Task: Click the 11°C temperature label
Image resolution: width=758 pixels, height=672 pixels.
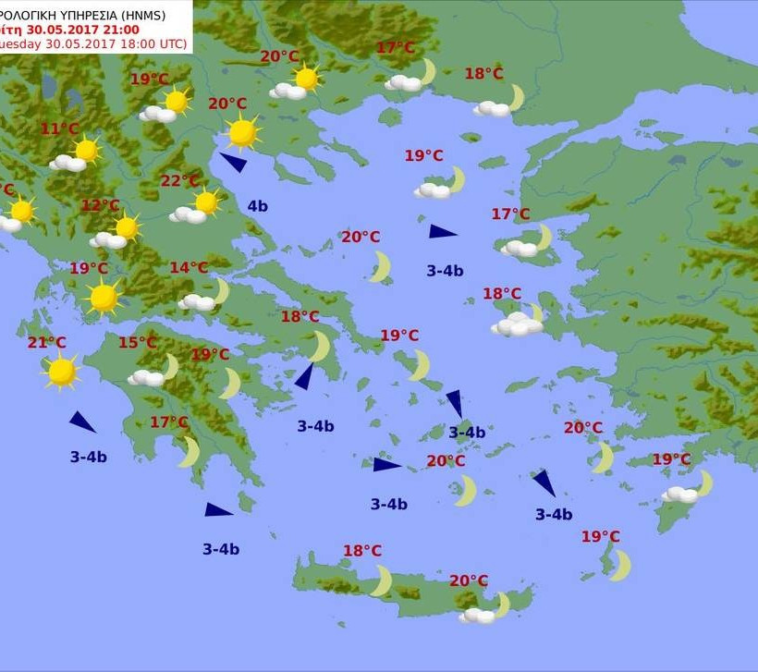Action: tap(59, 128)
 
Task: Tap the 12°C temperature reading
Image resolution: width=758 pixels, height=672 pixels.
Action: tap(100, 205)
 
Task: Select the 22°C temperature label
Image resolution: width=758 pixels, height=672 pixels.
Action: tap(179, 181)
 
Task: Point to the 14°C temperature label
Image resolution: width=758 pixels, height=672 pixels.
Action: tap(188, 268)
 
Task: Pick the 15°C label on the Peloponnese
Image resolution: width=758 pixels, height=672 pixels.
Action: tap(137, 343)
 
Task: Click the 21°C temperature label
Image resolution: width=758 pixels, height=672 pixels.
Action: tap(46, 343)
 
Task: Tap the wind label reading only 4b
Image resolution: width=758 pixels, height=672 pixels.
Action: tap(257, 206)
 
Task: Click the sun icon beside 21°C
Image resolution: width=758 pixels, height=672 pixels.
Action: tap(62, 372)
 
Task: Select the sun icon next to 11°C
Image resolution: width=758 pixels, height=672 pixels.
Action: tap(86, 150)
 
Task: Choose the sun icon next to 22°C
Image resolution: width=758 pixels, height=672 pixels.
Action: tap(206, 202)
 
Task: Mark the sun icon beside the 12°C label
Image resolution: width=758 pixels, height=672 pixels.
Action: tap(127, 227)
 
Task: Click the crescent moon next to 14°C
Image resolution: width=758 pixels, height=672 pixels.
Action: tap(220, 292)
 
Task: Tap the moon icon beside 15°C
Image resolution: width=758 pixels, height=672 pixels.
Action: tap(171, 367)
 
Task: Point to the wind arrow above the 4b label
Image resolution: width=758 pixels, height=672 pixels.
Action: tap(233, 163)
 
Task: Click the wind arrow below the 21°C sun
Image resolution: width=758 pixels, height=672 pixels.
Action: tap(82, 422)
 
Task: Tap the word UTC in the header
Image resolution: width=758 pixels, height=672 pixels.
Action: tap(172, 43)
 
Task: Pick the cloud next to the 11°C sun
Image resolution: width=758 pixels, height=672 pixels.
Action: tap(67, 164)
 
